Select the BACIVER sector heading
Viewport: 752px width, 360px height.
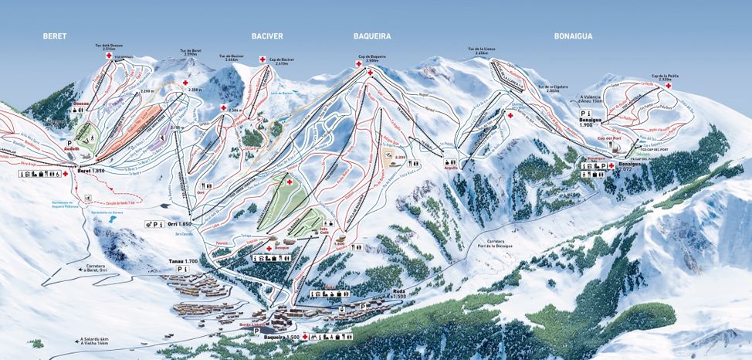(x=267, y=36)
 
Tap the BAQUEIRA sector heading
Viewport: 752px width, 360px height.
(x=372, y=36)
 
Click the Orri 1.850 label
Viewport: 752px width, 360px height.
(x=178, y=223)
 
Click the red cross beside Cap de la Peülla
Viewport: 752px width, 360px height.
(x=668, y=85)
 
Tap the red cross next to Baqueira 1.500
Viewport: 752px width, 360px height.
(x=306, y=337)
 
